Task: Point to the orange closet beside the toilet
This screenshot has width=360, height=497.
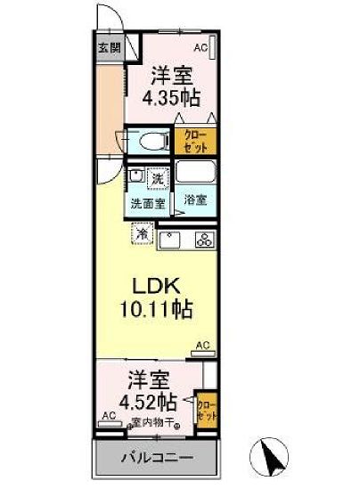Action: tap(196, 140)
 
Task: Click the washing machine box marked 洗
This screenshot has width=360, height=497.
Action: tap(157, 178)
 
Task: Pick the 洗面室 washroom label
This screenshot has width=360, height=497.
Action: tap(148, 203)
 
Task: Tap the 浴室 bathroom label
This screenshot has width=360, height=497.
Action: tap(196, 200)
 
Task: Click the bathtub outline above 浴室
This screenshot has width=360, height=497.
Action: tap(196, 172)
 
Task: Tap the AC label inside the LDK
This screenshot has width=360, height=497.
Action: tap(202, 344)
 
